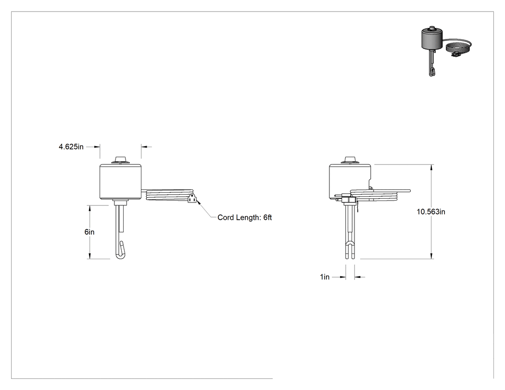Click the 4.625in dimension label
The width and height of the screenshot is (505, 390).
(71, 147)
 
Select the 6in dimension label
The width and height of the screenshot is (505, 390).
(89, 232)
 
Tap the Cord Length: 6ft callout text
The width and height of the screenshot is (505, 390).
(244, 217)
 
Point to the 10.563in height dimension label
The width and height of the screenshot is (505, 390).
(431, 212)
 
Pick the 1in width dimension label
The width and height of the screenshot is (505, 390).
(325, 277)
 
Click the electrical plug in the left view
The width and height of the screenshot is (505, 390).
(192, 199)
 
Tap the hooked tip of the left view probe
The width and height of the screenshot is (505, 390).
(120, 251)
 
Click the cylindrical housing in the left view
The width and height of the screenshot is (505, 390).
(120, 182)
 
